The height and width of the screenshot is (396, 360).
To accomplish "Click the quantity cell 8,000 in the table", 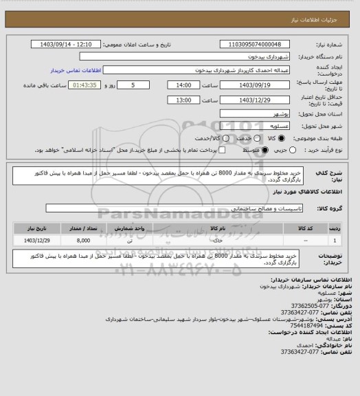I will coord(83,240).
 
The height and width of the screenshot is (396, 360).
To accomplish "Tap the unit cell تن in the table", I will coord(129,240).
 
